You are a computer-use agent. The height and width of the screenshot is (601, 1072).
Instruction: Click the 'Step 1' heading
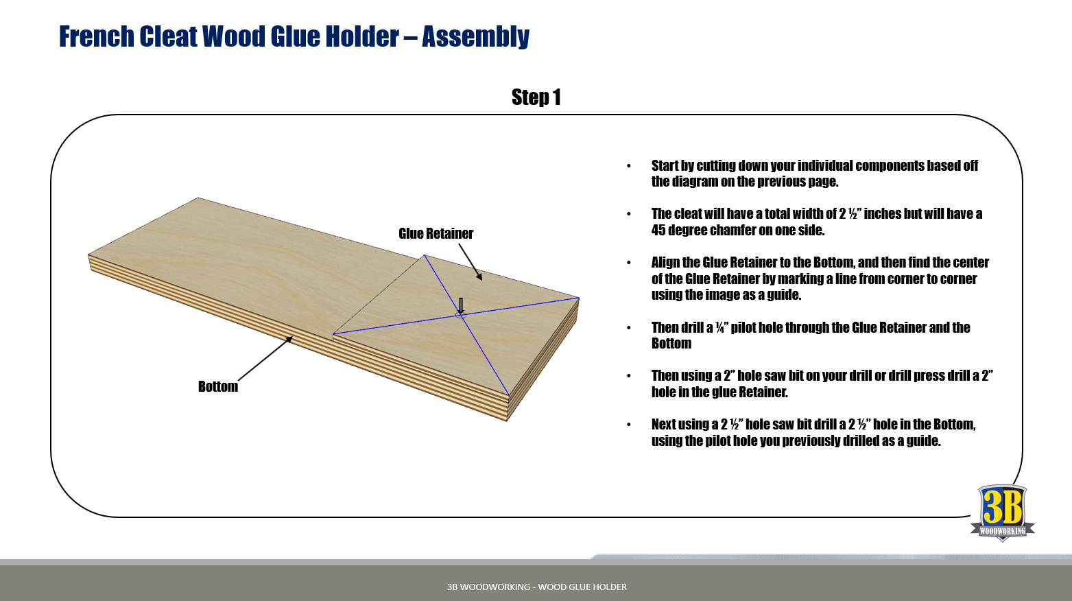point(536,97)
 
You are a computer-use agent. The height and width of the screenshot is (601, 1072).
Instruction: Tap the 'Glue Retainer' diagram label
point(436,233)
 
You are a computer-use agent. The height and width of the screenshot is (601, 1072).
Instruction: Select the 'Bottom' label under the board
point(218,386)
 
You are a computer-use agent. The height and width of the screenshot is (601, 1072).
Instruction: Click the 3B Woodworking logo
point(1002,513)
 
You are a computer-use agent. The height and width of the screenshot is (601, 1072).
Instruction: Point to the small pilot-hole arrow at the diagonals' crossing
point(461,306)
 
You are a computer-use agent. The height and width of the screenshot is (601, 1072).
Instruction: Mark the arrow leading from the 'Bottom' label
point(265,358)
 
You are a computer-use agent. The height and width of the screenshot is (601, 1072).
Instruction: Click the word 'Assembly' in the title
point(475,36)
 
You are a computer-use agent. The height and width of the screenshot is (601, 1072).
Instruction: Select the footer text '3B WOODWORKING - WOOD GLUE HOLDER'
point(536,587)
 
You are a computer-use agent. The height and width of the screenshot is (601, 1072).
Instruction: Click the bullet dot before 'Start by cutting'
point(628,166)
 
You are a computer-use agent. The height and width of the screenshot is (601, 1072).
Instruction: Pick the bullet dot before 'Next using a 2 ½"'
point(628,425)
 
